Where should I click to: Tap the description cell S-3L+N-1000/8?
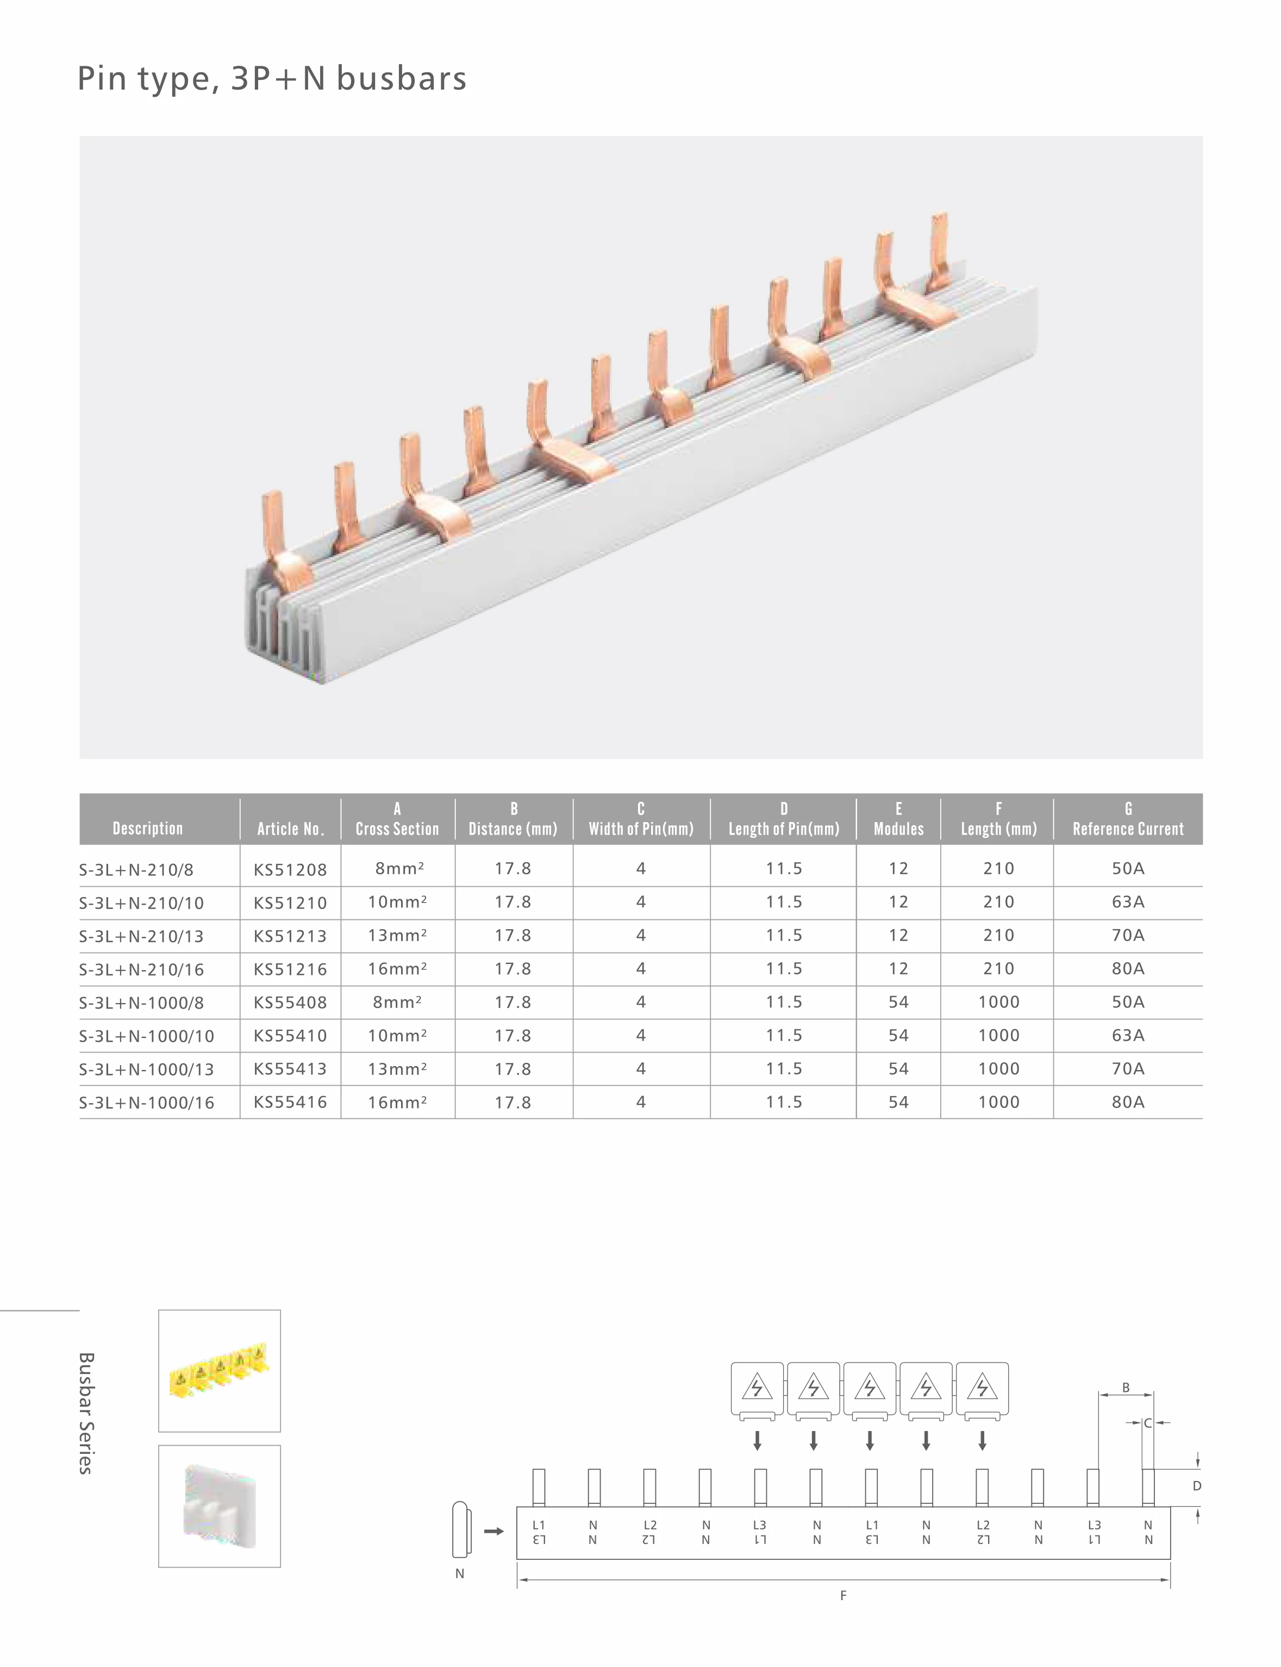click(142, 1003)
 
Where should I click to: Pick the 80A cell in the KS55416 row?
click(1128, 1102)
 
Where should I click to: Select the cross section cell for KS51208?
click(398, 869)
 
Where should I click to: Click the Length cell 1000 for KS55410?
click(998, 1036)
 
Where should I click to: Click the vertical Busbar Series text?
click(86, 1413)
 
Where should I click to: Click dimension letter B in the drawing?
click(1126, 1388)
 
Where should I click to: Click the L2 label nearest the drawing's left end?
click(649, 1525)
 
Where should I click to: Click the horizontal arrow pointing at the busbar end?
click(494, 1531)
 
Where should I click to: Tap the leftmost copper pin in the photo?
click(272, 526)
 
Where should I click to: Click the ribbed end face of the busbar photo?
click(282, 625)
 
